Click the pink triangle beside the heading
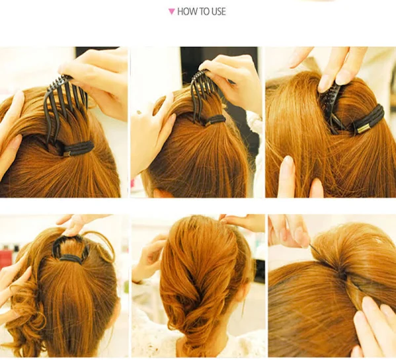coord(171,12)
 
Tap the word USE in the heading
coord(218,12)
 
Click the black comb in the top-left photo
coord(63,101)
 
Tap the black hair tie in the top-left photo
coord(78,148)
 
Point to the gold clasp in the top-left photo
coord(67,154)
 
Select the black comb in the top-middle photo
coord(202,93)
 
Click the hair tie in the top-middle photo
coord(215,120)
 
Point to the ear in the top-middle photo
coord(161,193)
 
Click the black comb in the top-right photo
coord(331,106)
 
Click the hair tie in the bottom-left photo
coord(71,259)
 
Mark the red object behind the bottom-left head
coord(7,258)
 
